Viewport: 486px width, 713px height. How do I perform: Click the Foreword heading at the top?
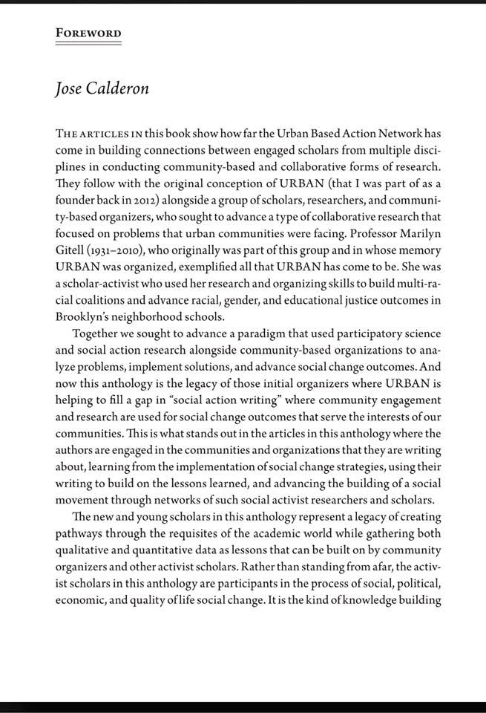tap(88, 33)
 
